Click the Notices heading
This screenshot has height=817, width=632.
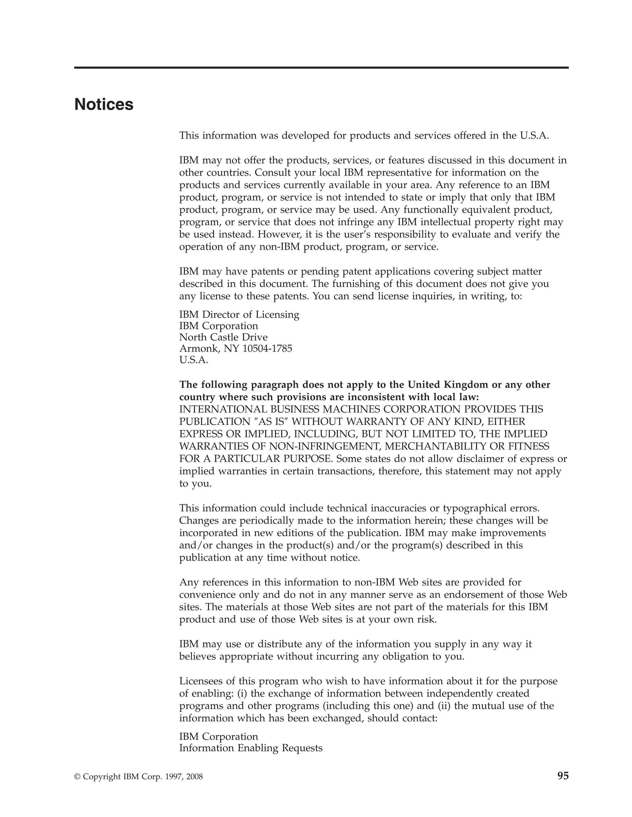104,105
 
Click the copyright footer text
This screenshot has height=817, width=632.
139,777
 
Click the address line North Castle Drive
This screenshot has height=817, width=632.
223,337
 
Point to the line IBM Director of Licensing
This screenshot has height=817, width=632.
239,314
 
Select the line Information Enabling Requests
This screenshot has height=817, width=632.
251,748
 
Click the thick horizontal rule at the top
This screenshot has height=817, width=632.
321,68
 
